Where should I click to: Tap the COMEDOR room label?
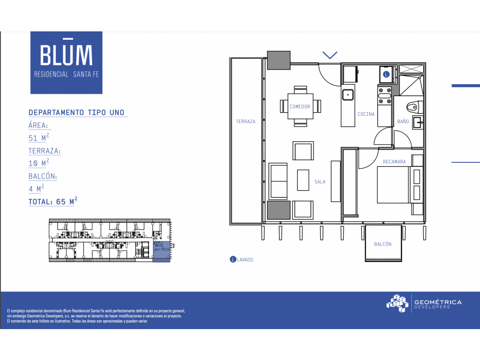pos(300,106)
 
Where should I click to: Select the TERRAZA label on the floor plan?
pos(246,122)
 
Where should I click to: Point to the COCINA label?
pos(366,114)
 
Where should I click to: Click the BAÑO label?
pos(403,121)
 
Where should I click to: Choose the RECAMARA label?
pos(394,162)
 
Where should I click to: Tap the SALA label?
pos(320,182)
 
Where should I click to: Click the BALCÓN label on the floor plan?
pos(382,244)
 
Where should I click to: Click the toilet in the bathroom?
pos(415,107)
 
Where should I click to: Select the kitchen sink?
pos(348,95)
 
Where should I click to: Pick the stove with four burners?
pos(385,96)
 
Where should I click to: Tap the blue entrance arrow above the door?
pos(329,55)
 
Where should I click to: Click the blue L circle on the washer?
pos(386,74)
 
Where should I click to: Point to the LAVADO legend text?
pos(245,259)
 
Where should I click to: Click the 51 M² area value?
pos(39,137)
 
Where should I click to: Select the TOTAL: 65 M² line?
pos(52,202)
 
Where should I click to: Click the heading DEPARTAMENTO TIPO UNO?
pos(76,112)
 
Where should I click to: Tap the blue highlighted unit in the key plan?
pos(161,252)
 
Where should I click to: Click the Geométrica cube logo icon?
pos(397,303)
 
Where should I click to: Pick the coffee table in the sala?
pos(303,180)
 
